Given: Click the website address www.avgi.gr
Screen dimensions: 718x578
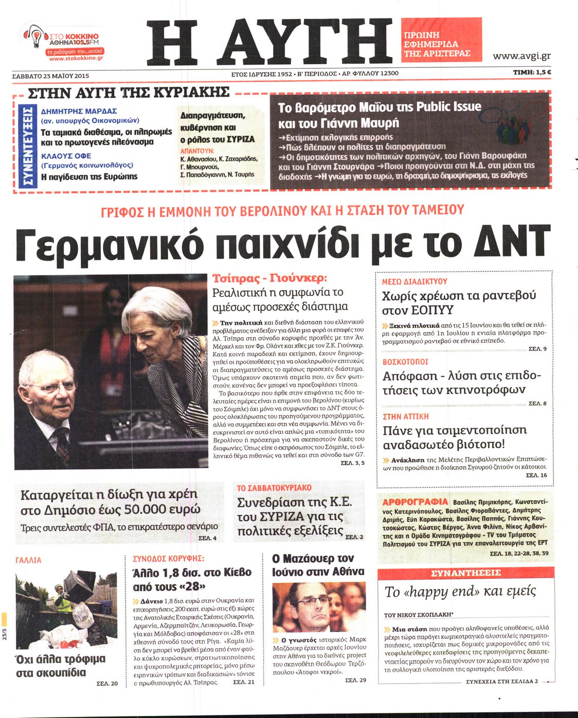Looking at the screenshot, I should point(521,56).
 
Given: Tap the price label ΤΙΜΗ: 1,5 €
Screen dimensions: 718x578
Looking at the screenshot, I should point(532,72).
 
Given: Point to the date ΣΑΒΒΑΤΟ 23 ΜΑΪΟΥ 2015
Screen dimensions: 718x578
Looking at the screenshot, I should point(50,76).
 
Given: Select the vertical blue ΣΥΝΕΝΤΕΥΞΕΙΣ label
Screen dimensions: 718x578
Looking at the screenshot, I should point(28,145).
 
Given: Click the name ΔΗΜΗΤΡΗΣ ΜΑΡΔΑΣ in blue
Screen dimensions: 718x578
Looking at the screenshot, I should point(79,111).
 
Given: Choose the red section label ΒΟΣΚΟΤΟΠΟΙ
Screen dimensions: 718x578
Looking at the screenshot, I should point(405,362).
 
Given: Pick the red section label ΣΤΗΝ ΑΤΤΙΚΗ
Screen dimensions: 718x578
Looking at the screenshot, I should point(405,416).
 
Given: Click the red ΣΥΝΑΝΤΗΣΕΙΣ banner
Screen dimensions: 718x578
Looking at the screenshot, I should point(465,573).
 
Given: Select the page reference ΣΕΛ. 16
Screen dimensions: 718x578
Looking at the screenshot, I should point(536,475).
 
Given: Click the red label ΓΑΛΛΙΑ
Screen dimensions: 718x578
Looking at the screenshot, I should point(29,560).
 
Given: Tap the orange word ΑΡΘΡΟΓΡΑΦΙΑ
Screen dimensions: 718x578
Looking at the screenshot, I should point(415,502).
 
